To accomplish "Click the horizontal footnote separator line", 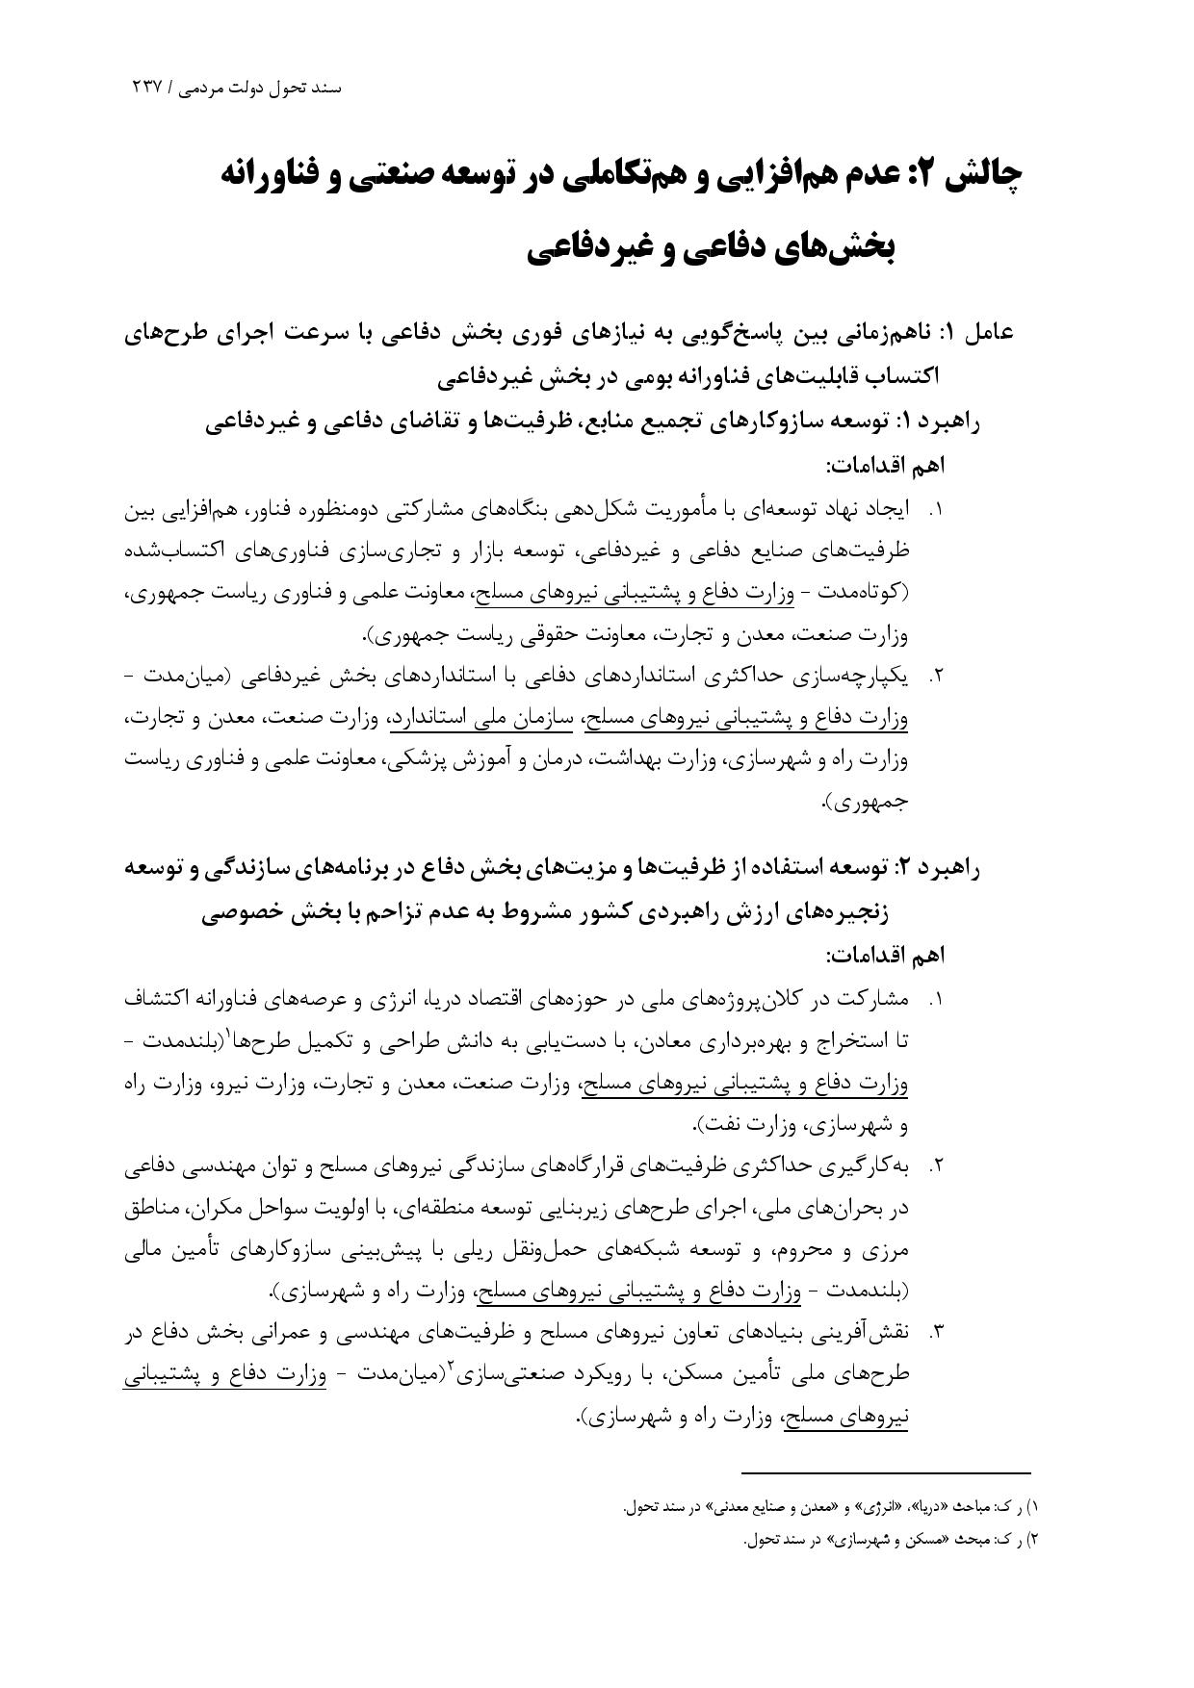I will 885,1472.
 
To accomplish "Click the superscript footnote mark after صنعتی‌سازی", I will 450,1368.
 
